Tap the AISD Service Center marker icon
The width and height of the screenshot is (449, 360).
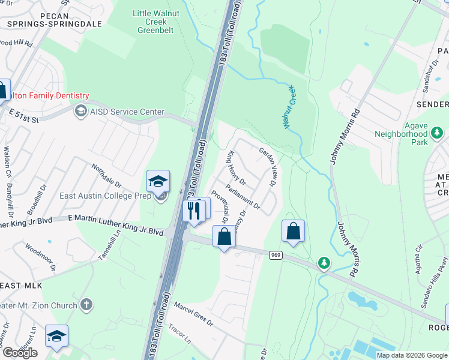click(x=80, y=111)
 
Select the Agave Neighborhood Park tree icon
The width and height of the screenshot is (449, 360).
click(x=438, y=131)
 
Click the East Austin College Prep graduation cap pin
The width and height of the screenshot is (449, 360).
click(x=158, y=181)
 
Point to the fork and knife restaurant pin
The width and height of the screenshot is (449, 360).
click(x=193, y=211)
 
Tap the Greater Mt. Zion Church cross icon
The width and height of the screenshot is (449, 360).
click(x=86, y=305)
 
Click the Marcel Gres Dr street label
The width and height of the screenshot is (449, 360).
click(x=193, y=313)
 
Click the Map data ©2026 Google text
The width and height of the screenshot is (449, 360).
click(x=412, y=355)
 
